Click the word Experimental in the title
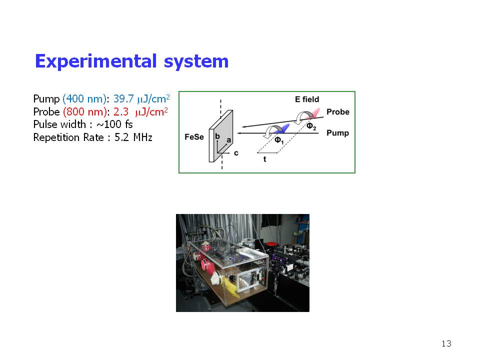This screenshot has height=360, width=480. (96, 62)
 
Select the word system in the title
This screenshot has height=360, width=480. (196, 62)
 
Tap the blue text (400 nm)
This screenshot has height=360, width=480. (84, 99)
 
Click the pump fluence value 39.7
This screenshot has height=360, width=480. (123, 99)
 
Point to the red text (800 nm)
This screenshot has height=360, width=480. (85, 112)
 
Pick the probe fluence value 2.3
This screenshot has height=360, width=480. (121, 112)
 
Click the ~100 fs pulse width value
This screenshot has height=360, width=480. (114, 124)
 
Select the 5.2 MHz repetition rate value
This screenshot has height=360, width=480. (133, 137)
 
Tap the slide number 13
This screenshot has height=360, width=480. (446, 343)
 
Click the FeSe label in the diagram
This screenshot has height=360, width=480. (194, 137)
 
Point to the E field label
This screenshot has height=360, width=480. (306, 99)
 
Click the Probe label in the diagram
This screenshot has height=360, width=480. (338, 111)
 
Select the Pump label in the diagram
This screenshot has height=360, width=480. (337, 133)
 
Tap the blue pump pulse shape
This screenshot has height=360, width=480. (281, 128)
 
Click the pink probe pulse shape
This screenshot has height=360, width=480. (313, 113)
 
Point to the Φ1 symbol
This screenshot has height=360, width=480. (279, 140)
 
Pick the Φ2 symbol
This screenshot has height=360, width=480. (311, 126)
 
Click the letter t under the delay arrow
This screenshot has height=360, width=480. (265, 159)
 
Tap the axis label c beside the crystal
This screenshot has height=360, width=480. (236, 153)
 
